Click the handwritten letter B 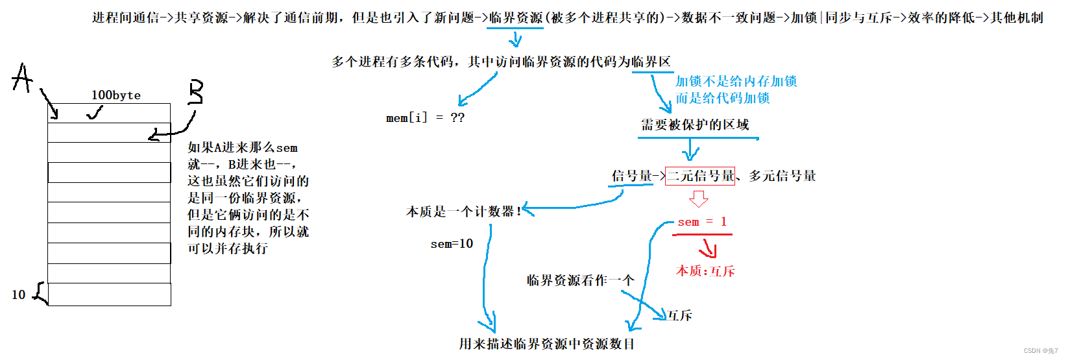[195, 92]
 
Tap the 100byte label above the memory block [115, 95]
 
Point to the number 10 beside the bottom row [18, 295]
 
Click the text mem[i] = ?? [425, 118]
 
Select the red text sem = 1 [702, 222]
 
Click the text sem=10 [452, 244]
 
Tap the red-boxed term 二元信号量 [700, 176]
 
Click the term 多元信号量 [783, 176]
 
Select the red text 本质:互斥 [705, 271]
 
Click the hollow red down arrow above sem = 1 [698, 198]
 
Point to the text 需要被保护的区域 [695, 125]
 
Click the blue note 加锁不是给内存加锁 [736, 81]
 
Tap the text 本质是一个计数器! [463, 211]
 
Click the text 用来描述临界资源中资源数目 [546, 344]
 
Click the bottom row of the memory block [109, 294]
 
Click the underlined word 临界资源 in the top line [516, 18]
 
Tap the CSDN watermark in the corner [1041, 351]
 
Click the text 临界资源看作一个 [580, 280]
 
